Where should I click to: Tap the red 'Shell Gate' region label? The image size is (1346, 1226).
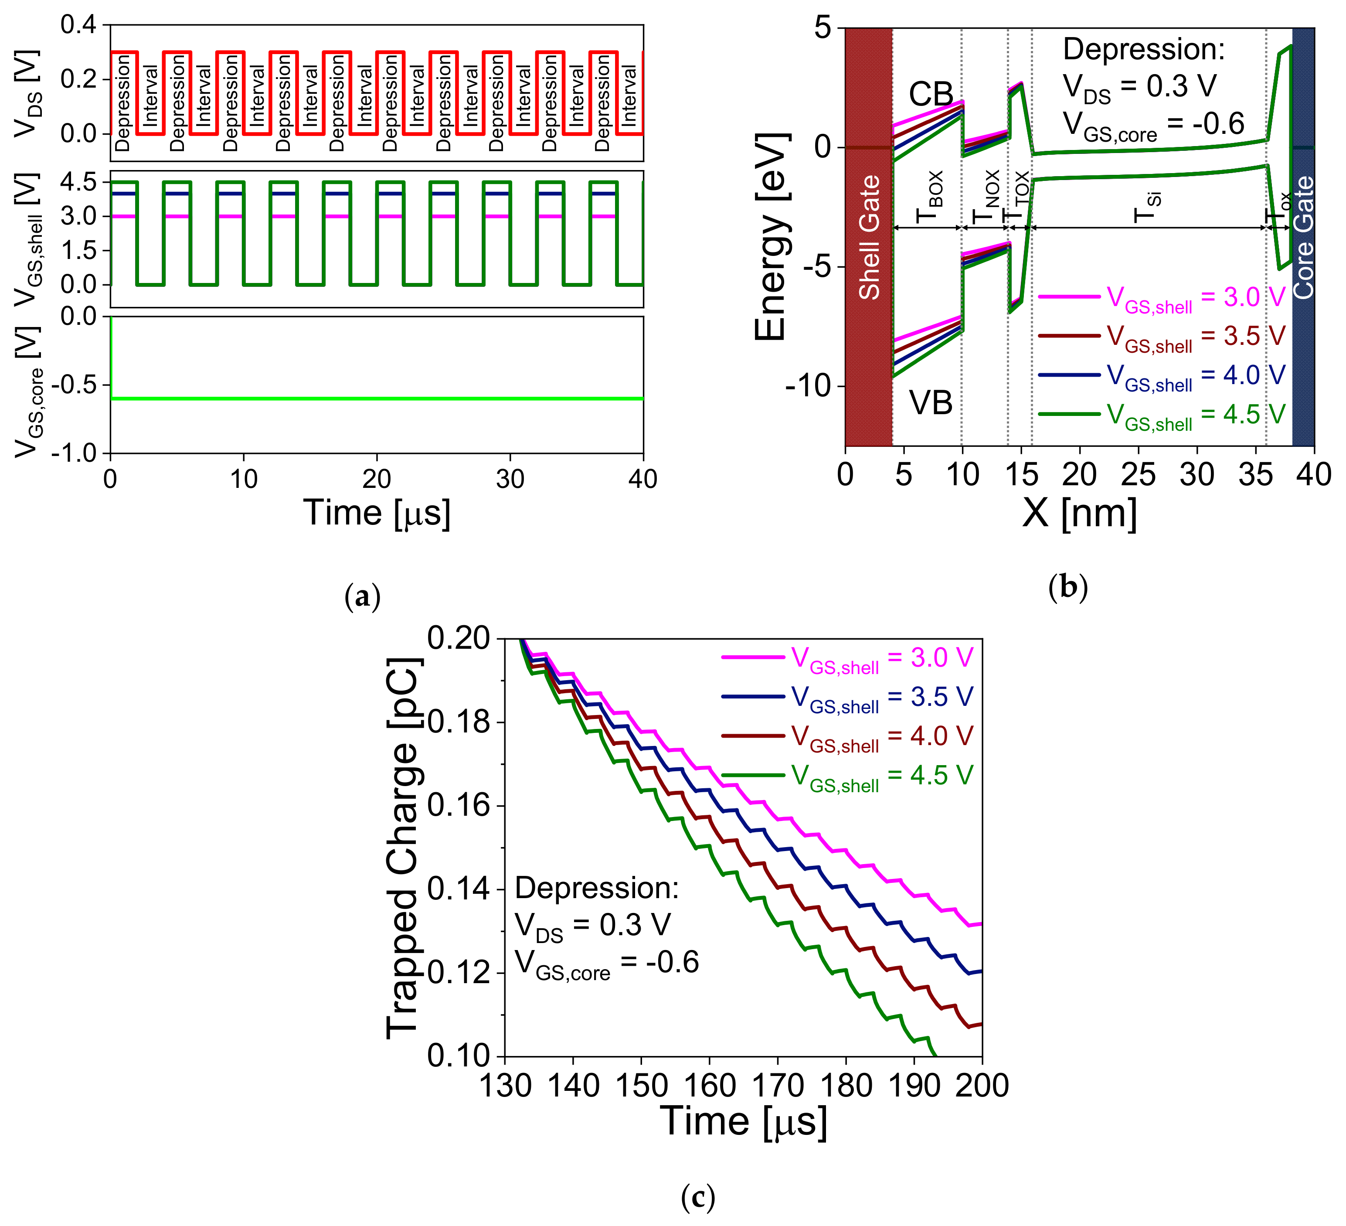click(x=869, y=237)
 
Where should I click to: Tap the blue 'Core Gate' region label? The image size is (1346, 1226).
click(x=1303, y=237)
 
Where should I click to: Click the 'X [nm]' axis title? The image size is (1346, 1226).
click(x=1079, y=513)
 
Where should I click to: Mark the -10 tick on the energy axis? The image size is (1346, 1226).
click(x=809, y=386)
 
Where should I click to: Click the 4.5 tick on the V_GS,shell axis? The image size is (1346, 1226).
click(x=79, y=182)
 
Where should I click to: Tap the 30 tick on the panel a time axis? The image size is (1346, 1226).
click(x=510, y=479)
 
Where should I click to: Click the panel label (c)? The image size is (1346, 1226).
click(x=698, y=1196)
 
